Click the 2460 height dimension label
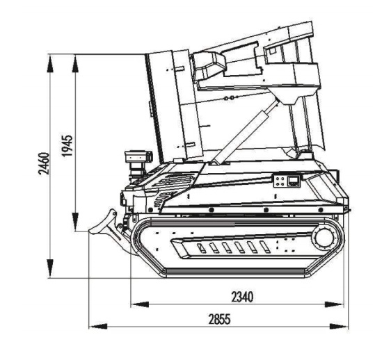pos(44,163)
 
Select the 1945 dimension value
pos(67,146)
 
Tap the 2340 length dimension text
pos(242,297)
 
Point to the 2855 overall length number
pos(220,320)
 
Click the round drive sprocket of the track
pos(325,238)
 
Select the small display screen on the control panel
pos(294,181)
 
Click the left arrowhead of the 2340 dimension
pos(140,304)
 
